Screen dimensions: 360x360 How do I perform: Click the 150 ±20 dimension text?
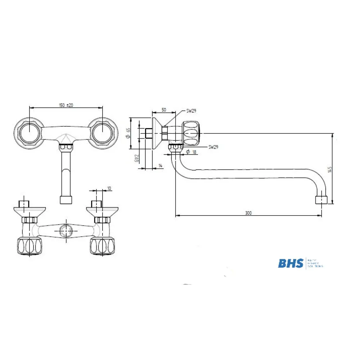[x=66, y=105]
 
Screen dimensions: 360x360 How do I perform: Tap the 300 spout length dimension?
[x=248, y=213]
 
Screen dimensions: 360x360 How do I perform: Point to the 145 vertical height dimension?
[x=330, y=169]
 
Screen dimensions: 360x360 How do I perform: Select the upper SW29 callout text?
[x=191, y=111]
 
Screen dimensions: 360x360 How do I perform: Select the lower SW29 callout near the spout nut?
[x=213, y=147]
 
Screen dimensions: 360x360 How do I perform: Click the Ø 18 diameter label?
[x=192, y=152]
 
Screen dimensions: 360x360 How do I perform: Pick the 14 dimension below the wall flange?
[x=160, y=165]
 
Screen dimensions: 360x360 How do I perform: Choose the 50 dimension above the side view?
[x=164, y=109]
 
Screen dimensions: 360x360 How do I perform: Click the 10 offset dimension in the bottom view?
[x=109, y=188]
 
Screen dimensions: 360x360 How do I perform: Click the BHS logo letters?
[x=291, y=263]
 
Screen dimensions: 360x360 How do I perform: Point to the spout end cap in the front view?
[x=66, y=200]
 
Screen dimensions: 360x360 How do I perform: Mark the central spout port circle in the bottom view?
[x=65, y=230]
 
